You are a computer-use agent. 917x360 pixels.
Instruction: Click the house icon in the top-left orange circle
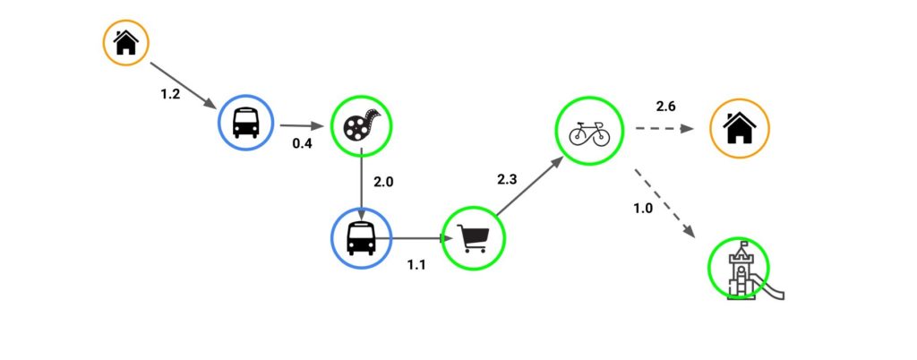pyautogui.click(x=125, y=43)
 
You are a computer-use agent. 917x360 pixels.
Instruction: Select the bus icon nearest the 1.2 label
pyautogui.click(x=245, y=123)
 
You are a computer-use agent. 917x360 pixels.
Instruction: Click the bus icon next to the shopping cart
pyautogui.click(x=361, y=238)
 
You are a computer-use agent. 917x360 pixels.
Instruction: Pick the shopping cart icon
pyautogui.click(x=473, y=238)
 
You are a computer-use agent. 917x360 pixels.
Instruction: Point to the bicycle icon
pyautogui.click(x=589, y=133)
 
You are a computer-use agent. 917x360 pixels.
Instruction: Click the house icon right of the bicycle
pyautogui.click(x=740, y=128)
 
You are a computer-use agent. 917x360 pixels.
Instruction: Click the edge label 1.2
pyautogui.click(x=170, y=94)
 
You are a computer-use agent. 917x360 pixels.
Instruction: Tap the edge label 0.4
pyautogui.click(x=302, y=143)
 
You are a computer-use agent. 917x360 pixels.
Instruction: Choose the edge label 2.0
pyautogui.click(x=383, y=182)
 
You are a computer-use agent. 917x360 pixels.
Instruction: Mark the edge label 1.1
pyautogui.click(x=416, y=265)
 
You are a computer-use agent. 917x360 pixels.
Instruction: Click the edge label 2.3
pyautogui.click(x=507, y=179)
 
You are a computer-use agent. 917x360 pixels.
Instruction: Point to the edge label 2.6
pyautogui.click(x=666, y=106)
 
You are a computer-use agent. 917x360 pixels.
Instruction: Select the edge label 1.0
pyautogui.click(x=643, y=208)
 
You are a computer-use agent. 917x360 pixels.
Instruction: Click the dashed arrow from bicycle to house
pyautogui.click(x=665, y=129)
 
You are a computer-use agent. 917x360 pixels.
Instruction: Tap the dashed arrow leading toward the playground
pyautogui.click(x=664, y=203)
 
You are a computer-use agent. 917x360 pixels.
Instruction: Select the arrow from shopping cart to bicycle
pyautogui.click(x=530, y=186)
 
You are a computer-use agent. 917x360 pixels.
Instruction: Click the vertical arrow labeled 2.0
pyautogui.click(x=362, y=185)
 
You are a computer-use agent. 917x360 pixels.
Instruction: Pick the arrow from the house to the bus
pyautogui.click(x=184, y=85)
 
